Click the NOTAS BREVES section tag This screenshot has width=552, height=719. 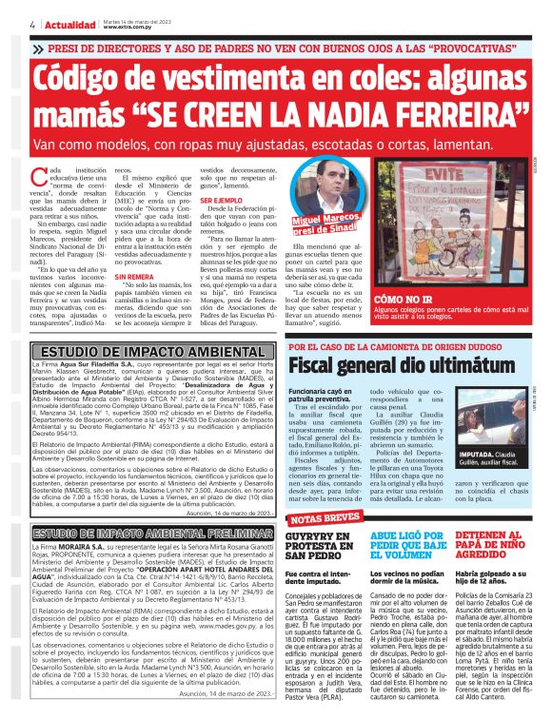point(323,518)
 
